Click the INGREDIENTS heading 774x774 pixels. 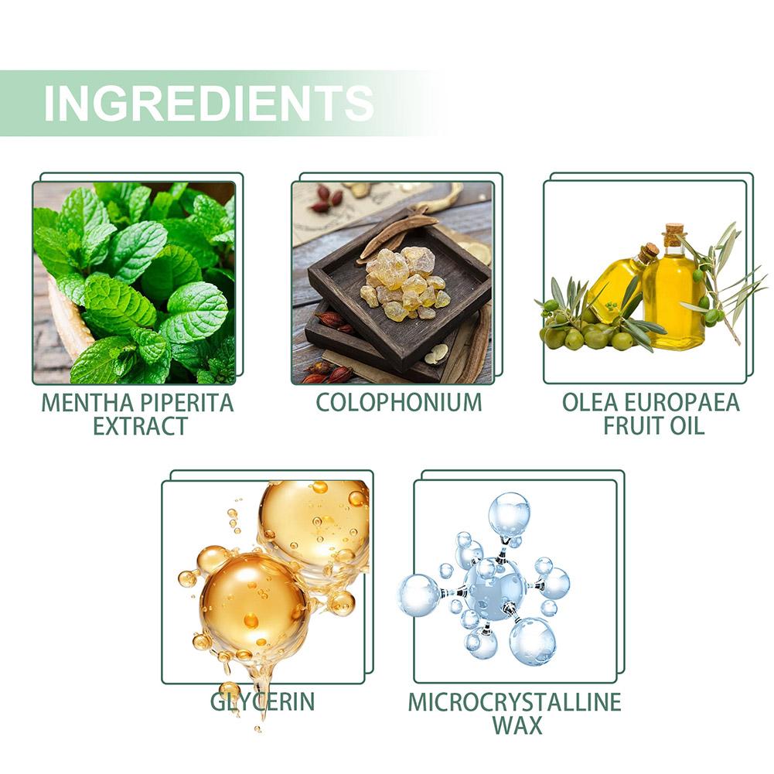click(208, 103)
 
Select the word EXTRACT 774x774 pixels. click(140, 426)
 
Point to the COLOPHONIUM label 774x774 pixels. click(399, 402)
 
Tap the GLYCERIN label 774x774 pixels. click(263, 701)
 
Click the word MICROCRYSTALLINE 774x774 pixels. click(515, 702)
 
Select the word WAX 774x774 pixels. click(517, 725)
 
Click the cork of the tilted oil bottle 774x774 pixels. click(649, 252)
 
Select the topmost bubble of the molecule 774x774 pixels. click(509, 514)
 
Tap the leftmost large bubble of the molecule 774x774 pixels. click(419, 595)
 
